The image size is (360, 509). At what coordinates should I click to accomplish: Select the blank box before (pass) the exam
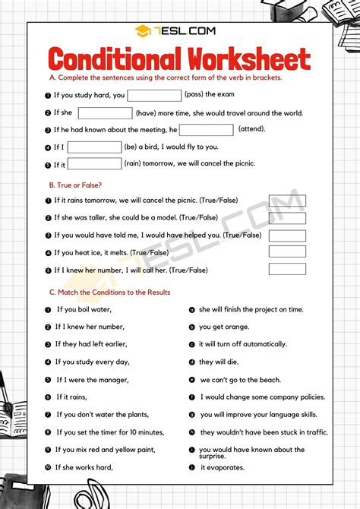154,96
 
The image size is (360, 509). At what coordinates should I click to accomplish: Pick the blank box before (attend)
206,130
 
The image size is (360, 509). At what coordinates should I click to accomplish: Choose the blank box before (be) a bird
94,147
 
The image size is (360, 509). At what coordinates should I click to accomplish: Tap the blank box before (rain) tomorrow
95,163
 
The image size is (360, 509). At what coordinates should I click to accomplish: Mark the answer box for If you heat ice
287,251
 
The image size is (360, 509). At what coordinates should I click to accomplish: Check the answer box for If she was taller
287,218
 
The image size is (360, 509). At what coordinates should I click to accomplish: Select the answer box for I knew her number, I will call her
287,269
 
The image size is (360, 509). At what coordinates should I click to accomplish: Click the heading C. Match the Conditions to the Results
109,292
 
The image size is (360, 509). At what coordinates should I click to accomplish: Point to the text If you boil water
84,310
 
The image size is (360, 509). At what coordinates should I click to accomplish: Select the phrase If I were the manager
93,380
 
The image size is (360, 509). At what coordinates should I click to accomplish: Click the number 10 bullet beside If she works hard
49,467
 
